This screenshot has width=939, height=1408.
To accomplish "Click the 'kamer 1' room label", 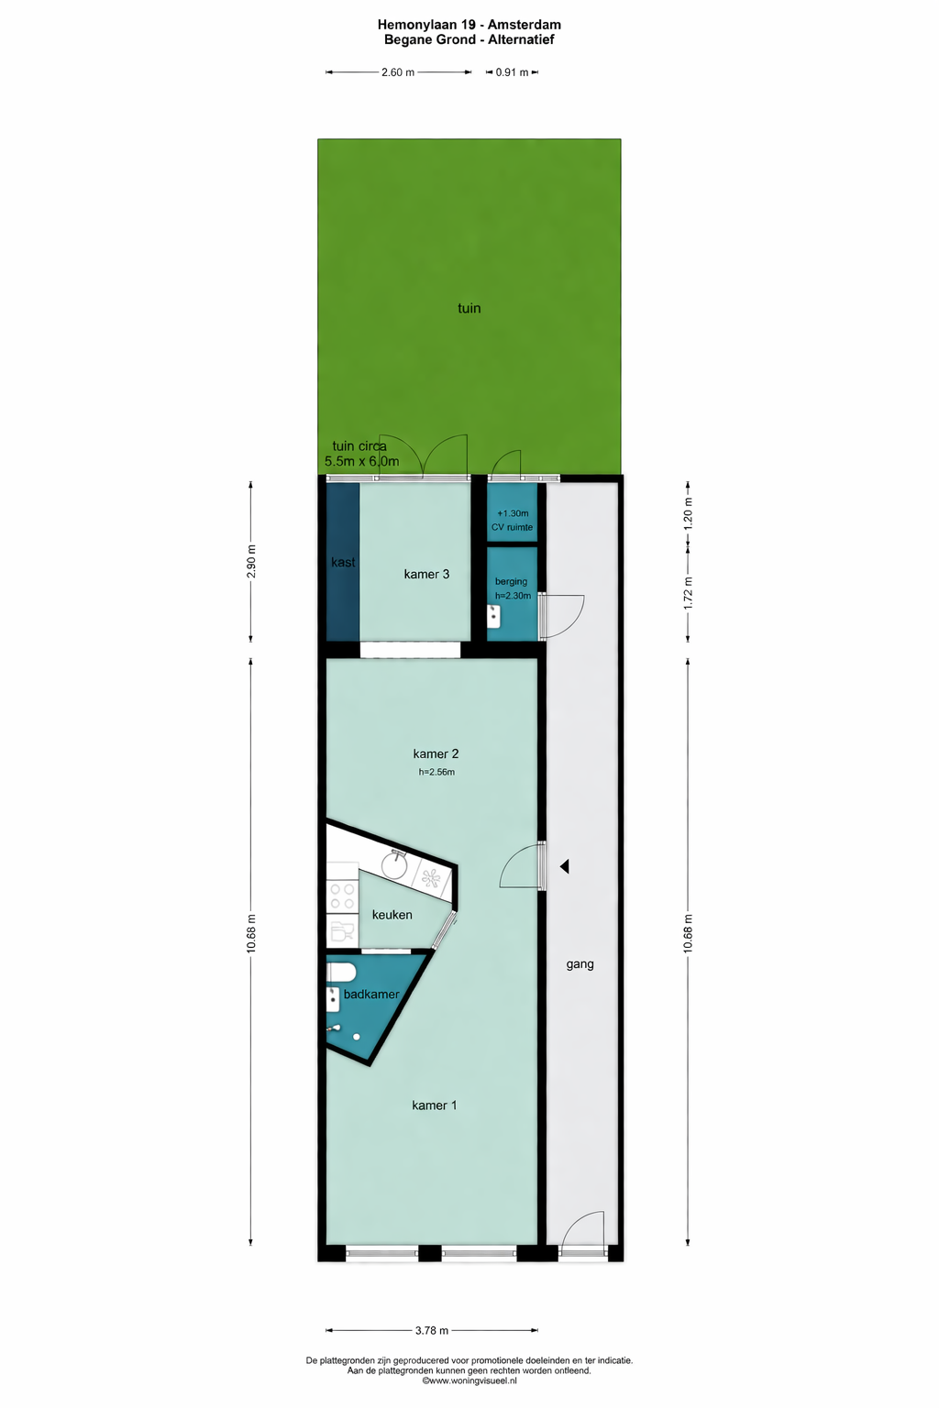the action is [x=434, y=1105].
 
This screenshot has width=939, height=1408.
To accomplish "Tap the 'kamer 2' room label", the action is [x=436, y=753].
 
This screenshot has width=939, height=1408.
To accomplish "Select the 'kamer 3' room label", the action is [x=426, y=573].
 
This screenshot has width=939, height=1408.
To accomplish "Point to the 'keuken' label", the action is [x=392, y=915].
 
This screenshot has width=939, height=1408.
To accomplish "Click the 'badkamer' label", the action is [x=371, y=994].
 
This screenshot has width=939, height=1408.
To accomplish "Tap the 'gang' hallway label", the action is [x=580, y=964].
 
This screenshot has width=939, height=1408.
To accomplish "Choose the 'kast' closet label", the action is [x=343, y=562].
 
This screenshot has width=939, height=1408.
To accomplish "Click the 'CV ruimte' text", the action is [x=512, y=527].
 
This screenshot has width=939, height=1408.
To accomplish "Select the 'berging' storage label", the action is [x=511, y=581].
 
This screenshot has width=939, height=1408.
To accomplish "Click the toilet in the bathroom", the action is [x=341, y=973].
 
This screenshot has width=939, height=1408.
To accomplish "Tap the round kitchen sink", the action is [x=395, y=866].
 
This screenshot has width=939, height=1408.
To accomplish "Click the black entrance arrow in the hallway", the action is [x=565, y=866].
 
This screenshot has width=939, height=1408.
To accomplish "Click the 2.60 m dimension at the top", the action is [x=398, y=72].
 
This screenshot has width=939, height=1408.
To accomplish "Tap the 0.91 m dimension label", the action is [x=512, y=72].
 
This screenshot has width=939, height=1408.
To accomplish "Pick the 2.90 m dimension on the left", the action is [x=251, y=561].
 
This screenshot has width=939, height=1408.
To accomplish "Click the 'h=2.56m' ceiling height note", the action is [x=436, y=772].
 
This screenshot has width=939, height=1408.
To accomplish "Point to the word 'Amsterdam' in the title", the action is [x=524, y=25].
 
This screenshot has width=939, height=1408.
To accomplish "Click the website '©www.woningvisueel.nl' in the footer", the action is [x=469, y=1380].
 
